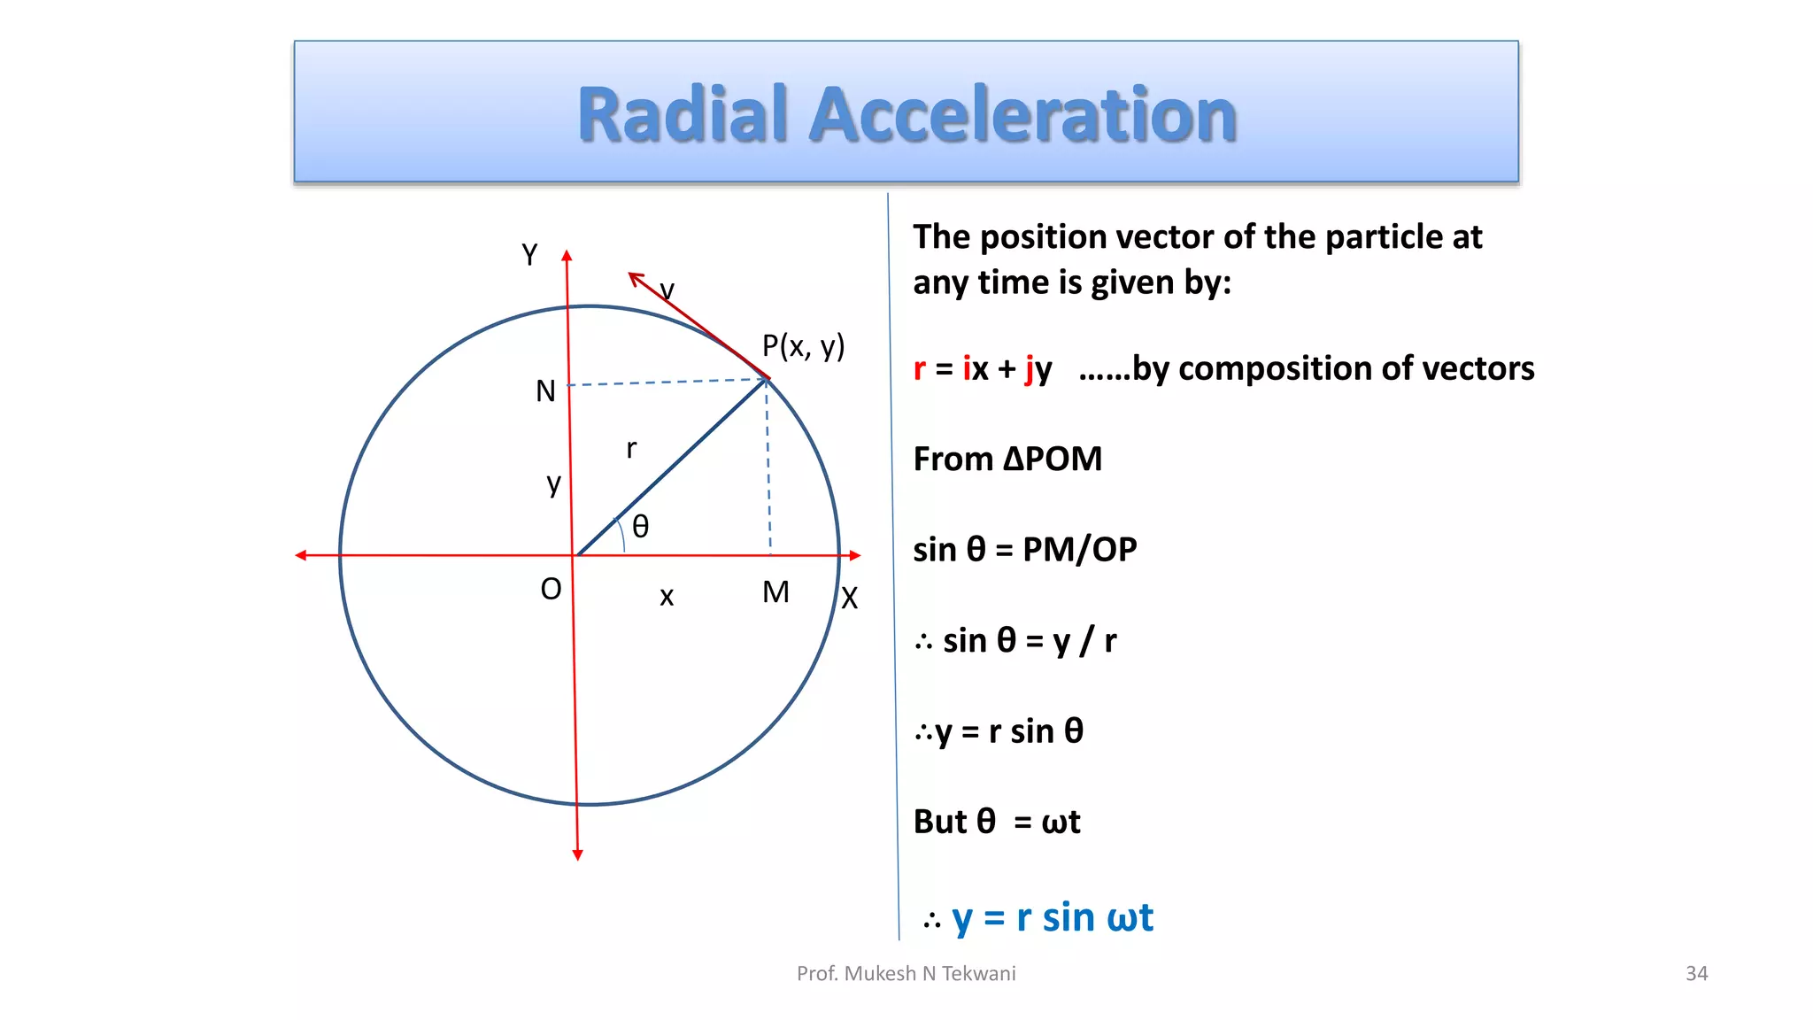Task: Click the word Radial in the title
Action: pyautogui.click(x=682, y=115)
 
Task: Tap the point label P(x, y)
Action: pyautogui.click(x=803, y=346)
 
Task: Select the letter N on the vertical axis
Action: pyautogui.click(x=545, y=391)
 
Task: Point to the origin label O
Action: pyautogui.click(x=551, y=590)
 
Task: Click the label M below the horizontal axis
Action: pyautogui.click(x=775, y=592)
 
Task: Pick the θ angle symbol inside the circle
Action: pyautogui.click(x=641, y=528)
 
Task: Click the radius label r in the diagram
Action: pyautogui.click(x=631, y=449)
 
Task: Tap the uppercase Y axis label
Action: pyautogui.click(x=529, y=255)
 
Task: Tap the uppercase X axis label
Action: pyautogui.click(x=850, y=599)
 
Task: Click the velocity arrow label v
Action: pyautogui.click(x=667, y=290)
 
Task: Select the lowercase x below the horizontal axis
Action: pyautogui.click(x=667, y=597)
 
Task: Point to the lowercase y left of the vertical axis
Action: pyautogui.click(x=553, y=484)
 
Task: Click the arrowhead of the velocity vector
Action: pyautogui.click(x=634, y=278)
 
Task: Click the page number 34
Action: pyautogui.click(x=1696, y=974)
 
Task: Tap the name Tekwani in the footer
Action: pyautogui.click(x=978, y=974)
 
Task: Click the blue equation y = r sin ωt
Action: pyautogui.click(x=1052, y=918)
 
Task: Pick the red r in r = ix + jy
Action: pyautogui.click(x=920, y=369)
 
